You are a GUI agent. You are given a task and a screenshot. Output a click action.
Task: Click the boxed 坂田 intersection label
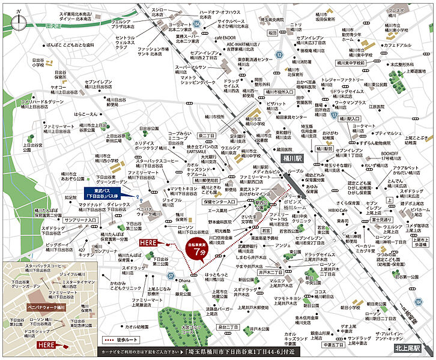pos(271,32)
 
